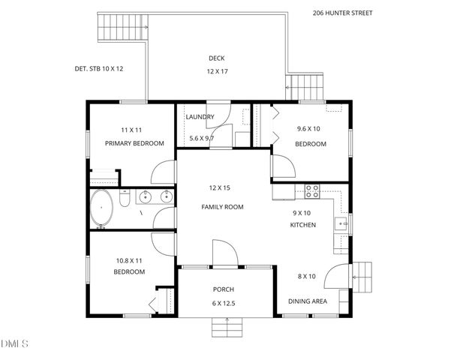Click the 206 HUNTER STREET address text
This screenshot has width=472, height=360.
(x=342, y=13)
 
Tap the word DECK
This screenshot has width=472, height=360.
(x=216, y=58)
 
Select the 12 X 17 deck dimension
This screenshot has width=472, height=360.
(x=216, y=72)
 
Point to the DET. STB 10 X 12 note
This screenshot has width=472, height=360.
(x=98, y=68)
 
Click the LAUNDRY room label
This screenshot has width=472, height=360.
(x=200, y=117)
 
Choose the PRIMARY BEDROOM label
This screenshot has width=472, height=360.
(x=134, y=143)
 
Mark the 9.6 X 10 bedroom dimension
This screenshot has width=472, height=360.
(x=309, y=129)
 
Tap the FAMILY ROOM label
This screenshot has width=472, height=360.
(x=222, y=207)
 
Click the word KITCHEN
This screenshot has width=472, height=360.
(x=302, y=225)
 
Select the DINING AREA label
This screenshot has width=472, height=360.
(x=307, y=301)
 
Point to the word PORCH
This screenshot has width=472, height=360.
(x=223, y=289)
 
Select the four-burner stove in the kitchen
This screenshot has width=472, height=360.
(x=312, y=190)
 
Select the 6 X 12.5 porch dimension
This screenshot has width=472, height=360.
(x=223, y=302)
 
